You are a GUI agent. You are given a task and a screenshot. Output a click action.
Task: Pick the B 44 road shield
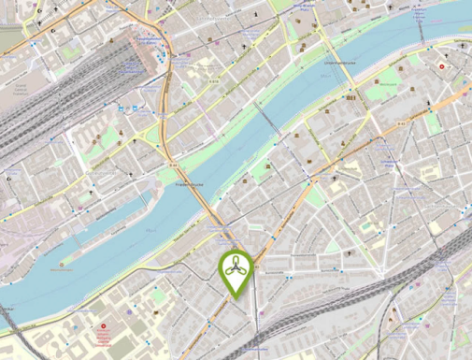point(174,166)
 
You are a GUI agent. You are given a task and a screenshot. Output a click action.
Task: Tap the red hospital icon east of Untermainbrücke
point(442,67)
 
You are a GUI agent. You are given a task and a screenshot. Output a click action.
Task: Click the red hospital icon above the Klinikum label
point(103,327)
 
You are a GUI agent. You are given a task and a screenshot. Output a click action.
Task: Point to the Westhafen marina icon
point(64,266)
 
